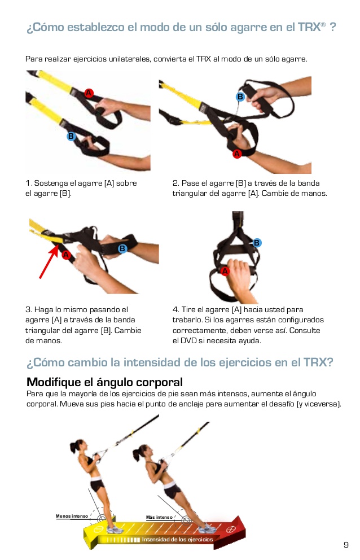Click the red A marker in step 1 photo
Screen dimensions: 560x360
point(89,93)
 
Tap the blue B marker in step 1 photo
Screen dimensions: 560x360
point(71,136)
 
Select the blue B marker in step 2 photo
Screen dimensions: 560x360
point(240,97)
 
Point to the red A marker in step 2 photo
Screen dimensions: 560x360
point(237,153)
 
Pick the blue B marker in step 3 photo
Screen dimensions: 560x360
point(122,248)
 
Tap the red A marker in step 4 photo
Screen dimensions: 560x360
point(226,271)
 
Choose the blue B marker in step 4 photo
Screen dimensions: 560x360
point(257,243)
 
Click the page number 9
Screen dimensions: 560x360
point(346,545)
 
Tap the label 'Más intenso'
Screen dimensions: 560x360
point(159,518)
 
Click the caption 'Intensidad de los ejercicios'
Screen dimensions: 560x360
point(177,540)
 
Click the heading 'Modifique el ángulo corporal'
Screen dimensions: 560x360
point(104,382)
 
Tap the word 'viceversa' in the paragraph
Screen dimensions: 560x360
point(321,404)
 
